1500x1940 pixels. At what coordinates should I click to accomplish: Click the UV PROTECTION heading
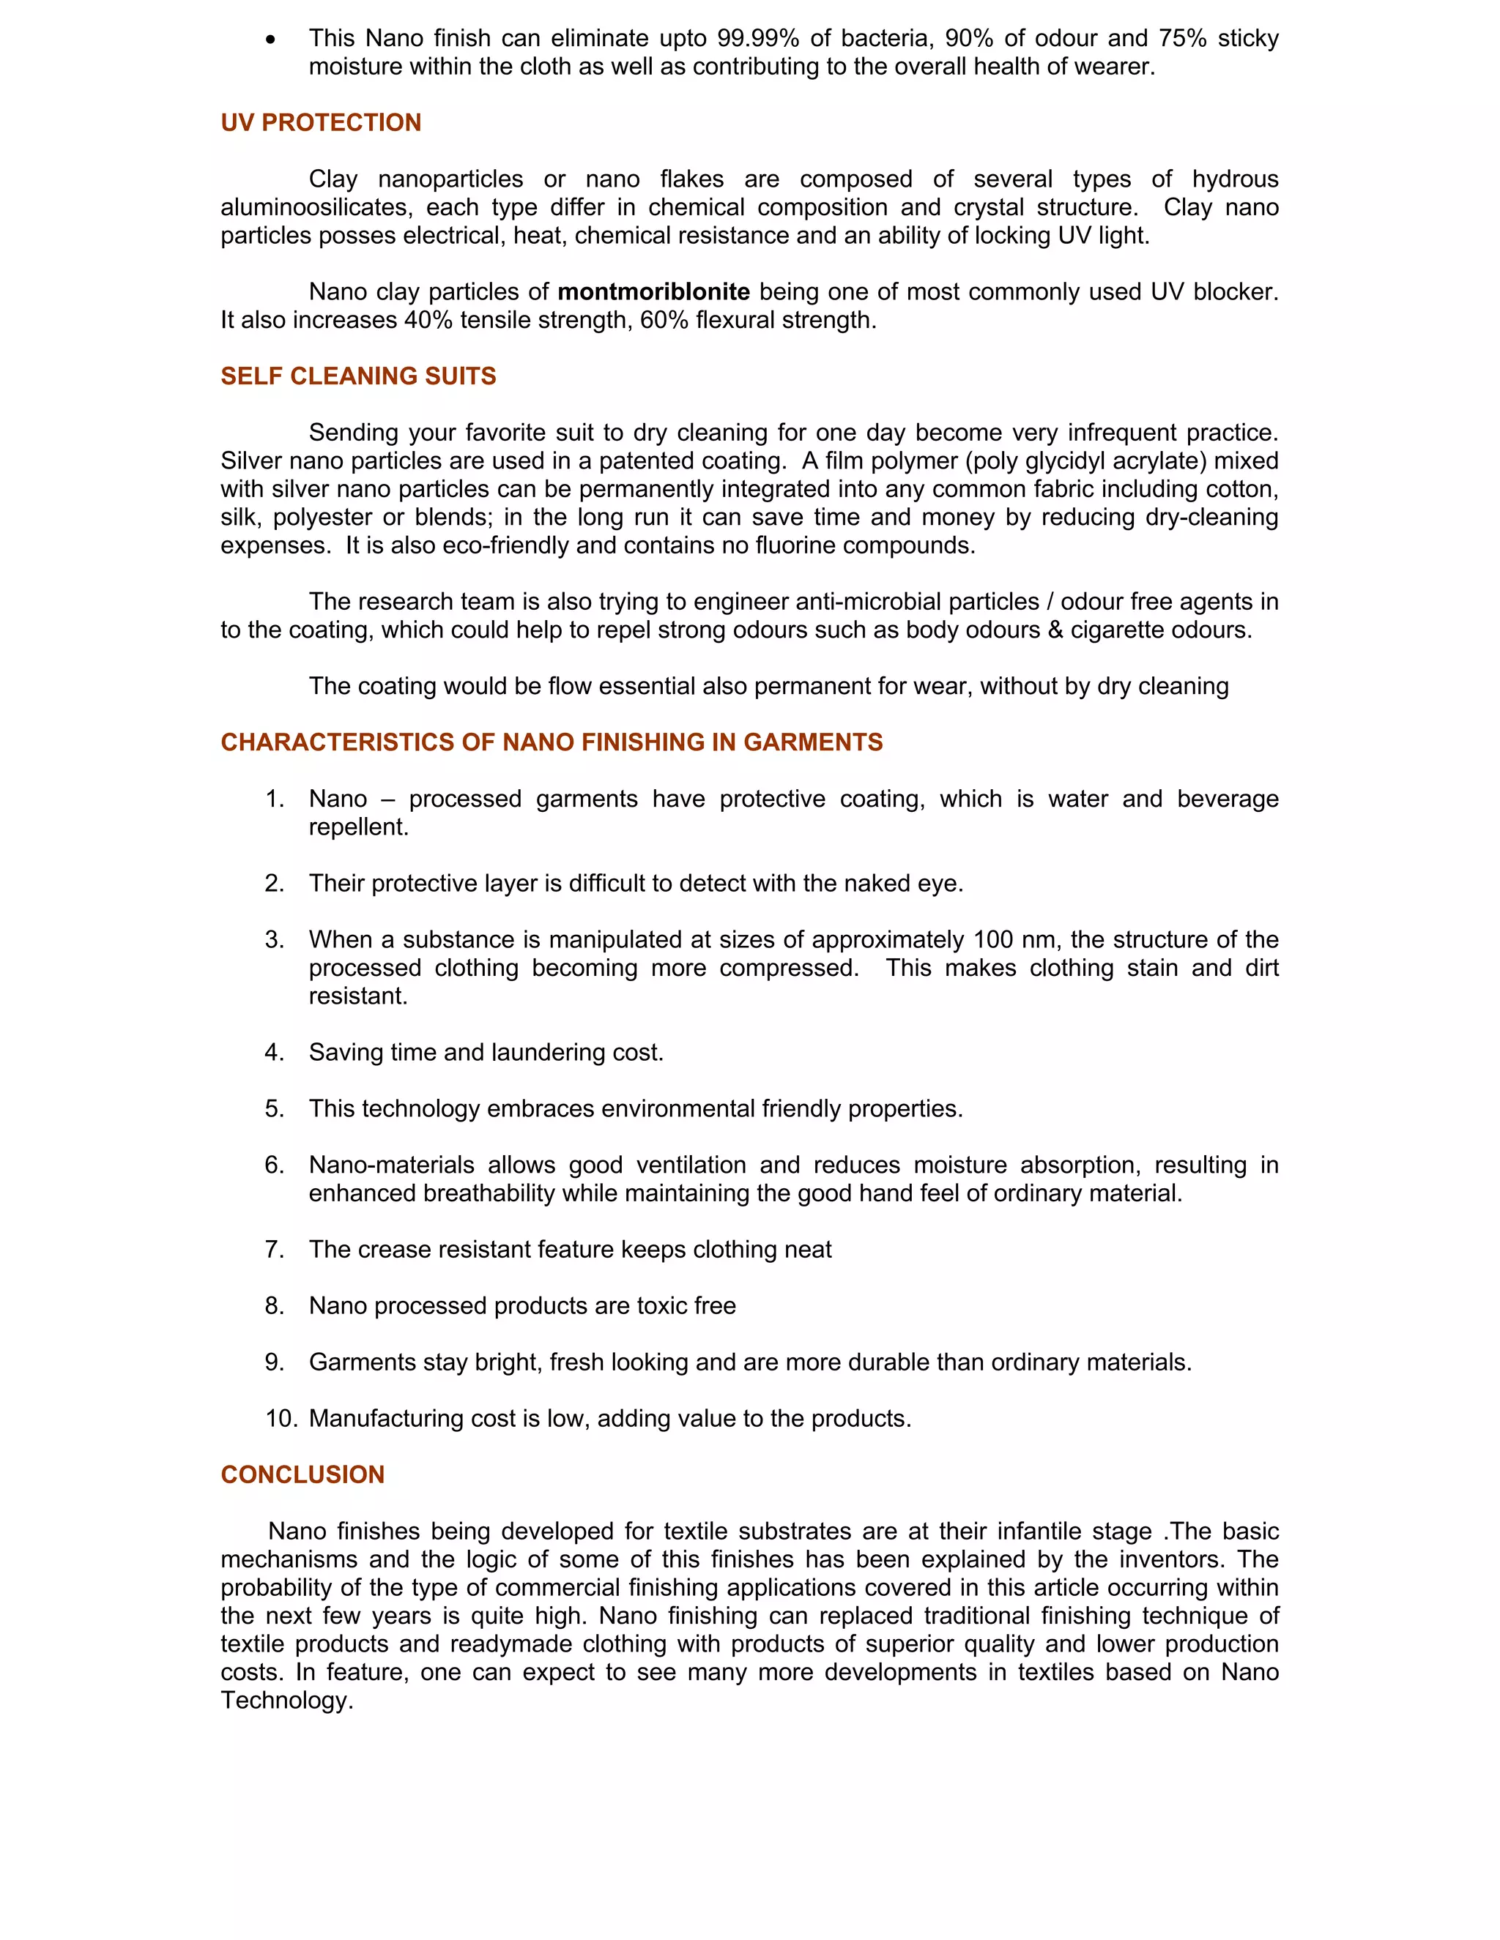tap(321, 122)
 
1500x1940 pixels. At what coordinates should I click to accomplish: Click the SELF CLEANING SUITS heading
tap(358, 376)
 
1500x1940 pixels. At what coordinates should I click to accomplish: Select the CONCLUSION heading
tap(302, 1474)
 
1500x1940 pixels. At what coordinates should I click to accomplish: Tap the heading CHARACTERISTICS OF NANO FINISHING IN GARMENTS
tap(551, 742)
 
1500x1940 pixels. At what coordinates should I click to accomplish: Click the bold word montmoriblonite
tap(653, 291)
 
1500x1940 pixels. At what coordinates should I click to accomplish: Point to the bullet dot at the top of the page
tap(270, 39)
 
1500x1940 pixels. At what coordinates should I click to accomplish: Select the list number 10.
tap(280, 1419)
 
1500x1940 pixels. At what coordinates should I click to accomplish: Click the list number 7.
tap(274, 1249)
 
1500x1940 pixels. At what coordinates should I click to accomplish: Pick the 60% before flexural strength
tap(664, 320)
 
